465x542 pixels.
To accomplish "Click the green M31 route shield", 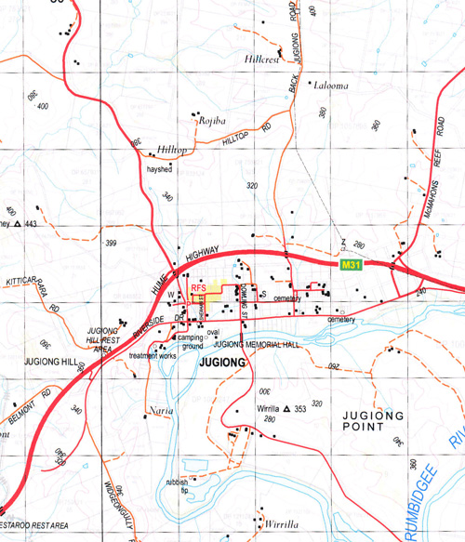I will coord(350,266).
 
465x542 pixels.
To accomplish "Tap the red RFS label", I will coord(198,289).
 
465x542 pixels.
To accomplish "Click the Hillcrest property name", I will coord(262,59).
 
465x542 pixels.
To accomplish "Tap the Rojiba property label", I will coord(207,121).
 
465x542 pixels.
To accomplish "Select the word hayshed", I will coord(160,170).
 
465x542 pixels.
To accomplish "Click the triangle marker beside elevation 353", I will coord(287,409).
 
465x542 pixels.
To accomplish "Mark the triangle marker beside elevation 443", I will coord(17,224).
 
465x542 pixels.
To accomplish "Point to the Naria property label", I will coord(160,409).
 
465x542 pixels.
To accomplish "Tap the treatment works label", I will coord(153,355).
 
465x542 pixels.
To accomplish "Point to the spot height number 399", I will coord(111,244).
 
